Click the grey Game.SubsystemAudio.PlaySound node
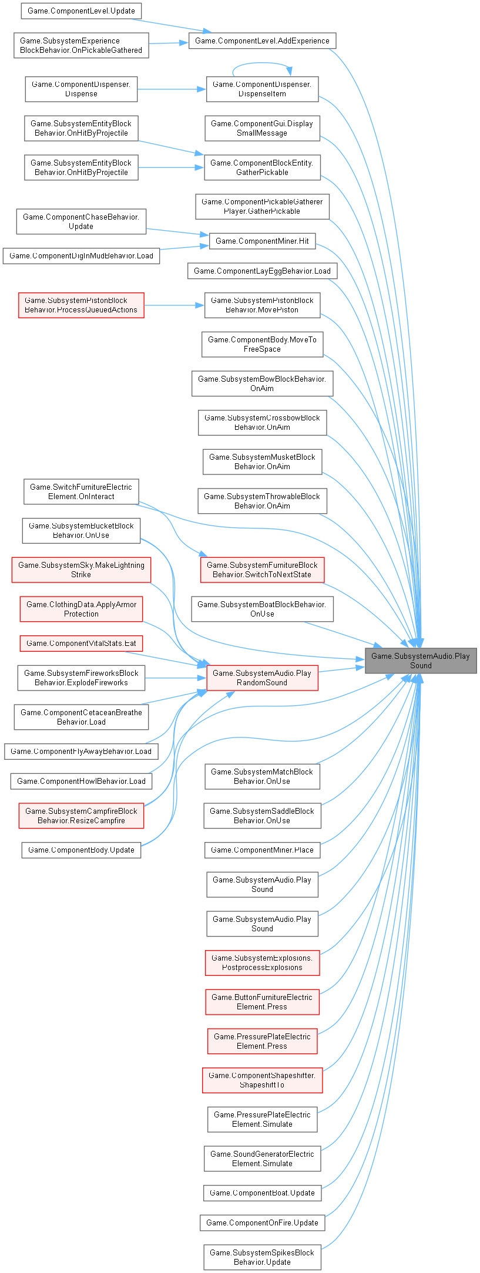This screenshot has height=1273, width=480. click(x=420, y=661)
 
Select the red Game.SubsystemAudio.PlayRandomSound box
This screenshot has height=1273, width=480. click(x=262, y=678)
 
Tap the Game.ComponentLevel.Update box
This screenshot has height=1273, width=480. click(x=81, y=11)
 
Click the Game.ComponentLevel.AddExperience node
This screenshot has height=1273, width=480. click(x=262, y=41)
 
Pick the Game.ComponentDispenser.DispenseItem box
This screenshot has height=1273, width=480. click(x=262, y=89)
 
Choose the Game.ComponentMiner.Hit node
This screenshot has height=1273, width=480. click(x=262, y=241)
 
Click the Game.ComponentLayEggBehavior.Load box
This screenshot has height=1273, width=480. click(x=262, y=271)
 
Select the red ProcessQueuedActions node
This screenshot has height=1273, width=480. click(x=81, y=305)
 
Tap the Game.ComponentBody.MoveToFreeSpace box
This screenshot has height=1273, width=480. click(x=262, y=344)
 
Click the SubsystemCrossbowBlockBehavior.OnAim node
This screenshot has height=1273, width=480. click(x=262, y=422)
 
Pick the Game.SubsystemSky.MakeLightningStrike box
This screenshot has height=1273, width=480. click(x=81, y=570)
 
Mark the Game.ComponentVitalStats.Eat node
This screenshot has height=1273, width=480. click(x=81, y=643)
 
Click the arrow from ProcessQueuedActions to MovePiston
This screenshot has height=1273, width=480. click(x=174, y=305)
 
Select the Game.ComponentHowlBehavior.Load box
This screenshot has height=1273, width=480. click(x=81, y=781)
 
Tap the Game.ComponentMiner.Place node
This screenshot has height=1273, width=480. click(x=262, y=850)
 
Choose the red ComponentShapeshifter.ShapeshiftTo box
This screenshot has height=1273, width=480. click(x=262, y=1080)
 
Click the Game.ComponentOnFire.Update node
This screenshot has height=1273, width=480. click(x=262, y=1223)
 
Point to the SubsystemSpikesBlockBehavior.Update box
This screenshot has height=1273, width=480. click(x=262, y=1257)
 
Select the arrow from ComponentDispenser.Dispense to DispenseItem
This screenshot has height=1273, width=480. click(x=172, y=89)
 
